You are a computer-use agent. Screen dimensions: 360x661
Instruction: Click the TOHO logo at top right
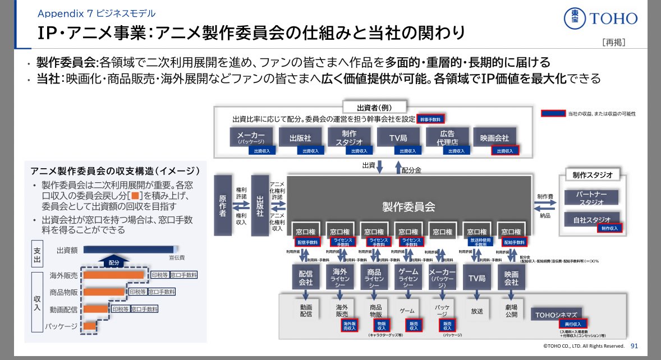601,19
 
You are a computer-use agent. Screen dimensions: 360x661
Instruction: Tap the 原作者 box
222,205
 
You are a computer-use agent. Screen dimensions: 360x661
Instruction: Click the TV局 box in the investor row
399,137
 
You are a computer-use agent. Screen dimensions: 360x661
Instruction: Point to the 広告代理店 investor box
447,137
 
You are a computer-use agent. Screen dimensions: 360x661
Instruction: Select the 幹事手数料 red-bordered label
430,119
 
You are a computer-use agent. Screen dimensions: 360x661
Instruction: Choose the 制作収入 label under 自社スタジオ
609,228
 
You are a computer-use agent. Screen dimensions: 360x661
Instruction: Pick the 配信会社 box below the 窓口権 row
305,278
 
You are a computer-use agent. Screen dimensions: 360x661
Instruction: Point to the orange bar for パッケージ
89,326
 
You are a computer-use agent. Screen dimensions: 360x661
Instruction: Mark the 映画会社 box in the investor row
495,137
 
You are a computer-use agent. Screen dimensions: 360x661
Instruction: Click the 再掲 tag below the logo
613,42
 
